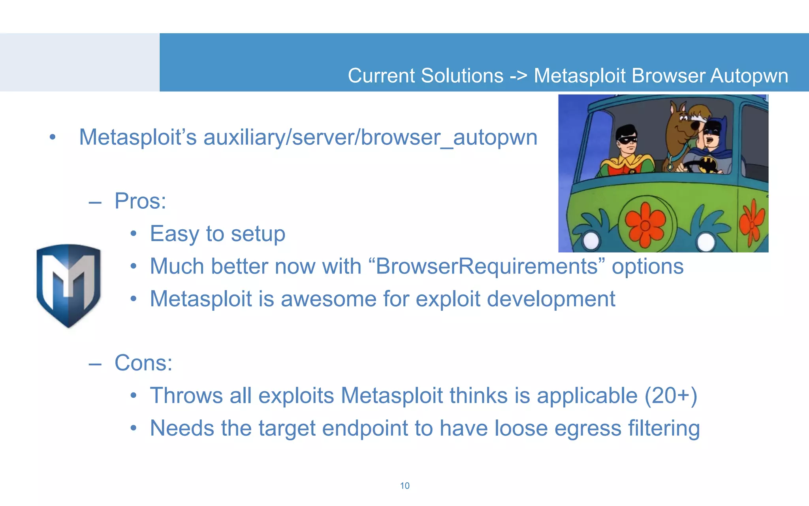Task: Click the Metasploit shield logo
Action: pyautogui.click(x=68, y=285)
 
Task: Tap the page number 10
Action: pyautogui.click(x=404, y=486)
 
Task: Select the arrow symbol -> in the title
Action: pyautogui.click(x=518, y=76)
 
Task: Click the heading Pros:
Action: pyautogui.click(x=140, y=201)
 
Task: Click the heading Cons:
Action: pyautogui.click(x=143, y=363)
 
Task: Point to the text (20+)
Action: pyautogui.click(x=671, y=396)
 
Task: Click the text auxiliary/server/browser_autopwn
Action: pyautogui.click(x=370, y=138)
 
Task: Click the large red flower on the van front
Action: pyautogui.click(x=645, y=225)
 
